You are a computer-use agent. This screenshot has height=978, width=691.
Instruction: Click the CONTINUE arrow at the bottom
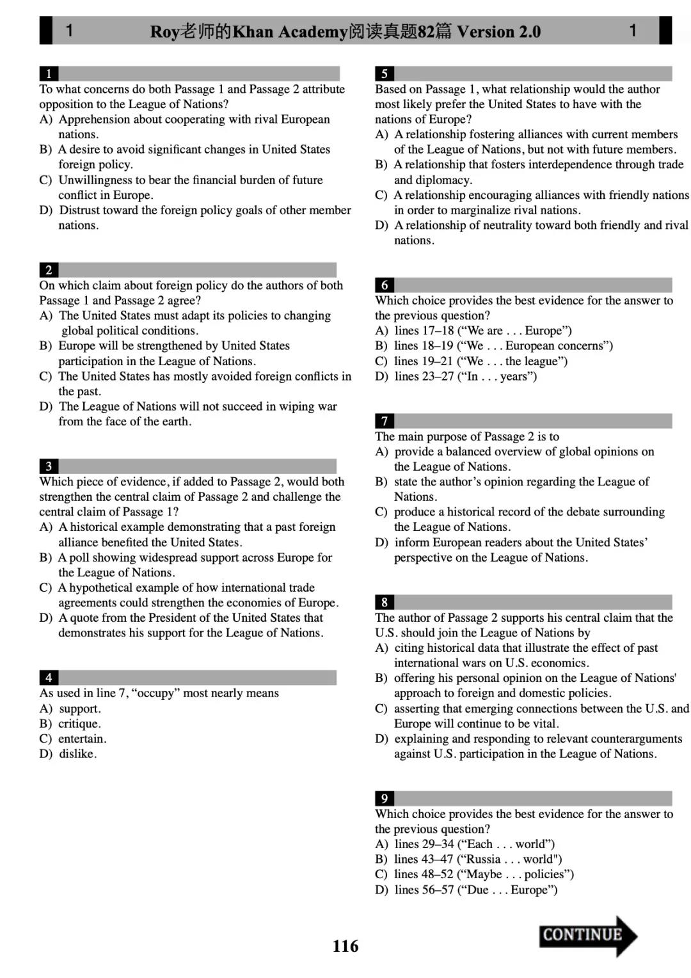tap(587, 935)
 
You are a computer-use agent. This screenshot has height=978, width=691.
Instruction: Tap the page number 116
tap(345, 946)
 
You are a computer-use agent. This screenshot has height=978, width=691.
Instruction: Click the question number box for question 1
tap(49, 74)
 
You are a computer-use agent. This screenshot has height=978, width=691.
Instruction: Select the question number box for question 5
tap(385, 74)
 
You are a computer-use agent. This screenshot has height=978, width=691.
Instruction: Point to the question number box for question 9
tap(385, 798)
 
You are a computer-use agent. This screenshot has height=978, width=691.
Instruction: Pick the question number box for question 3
tap(49, 466)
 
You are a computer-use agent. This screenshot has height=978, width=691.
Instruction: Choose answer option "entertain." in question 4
tap(82, 739)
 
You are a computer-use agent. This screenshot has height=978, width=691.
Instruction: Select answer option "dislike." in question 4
tap(77, 754)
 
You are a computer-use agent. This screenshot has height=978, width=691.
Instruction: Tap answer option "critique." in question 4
tap(79, 724)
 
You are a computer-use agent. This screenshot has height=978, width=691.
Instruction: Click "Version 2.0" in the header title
tap(498, 31)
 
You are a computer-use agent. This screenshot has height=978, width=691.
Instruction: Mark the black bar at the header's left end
tap(46, 30)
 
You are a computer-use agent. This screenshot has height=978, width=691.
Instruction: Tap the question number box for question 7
tap(385, 421)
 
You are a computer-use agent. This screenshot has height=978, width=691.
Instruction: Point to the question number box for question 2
tap(49, 270)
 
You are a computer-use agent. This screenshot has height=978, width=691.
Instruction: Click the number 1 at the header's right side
tap(633, 30)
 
